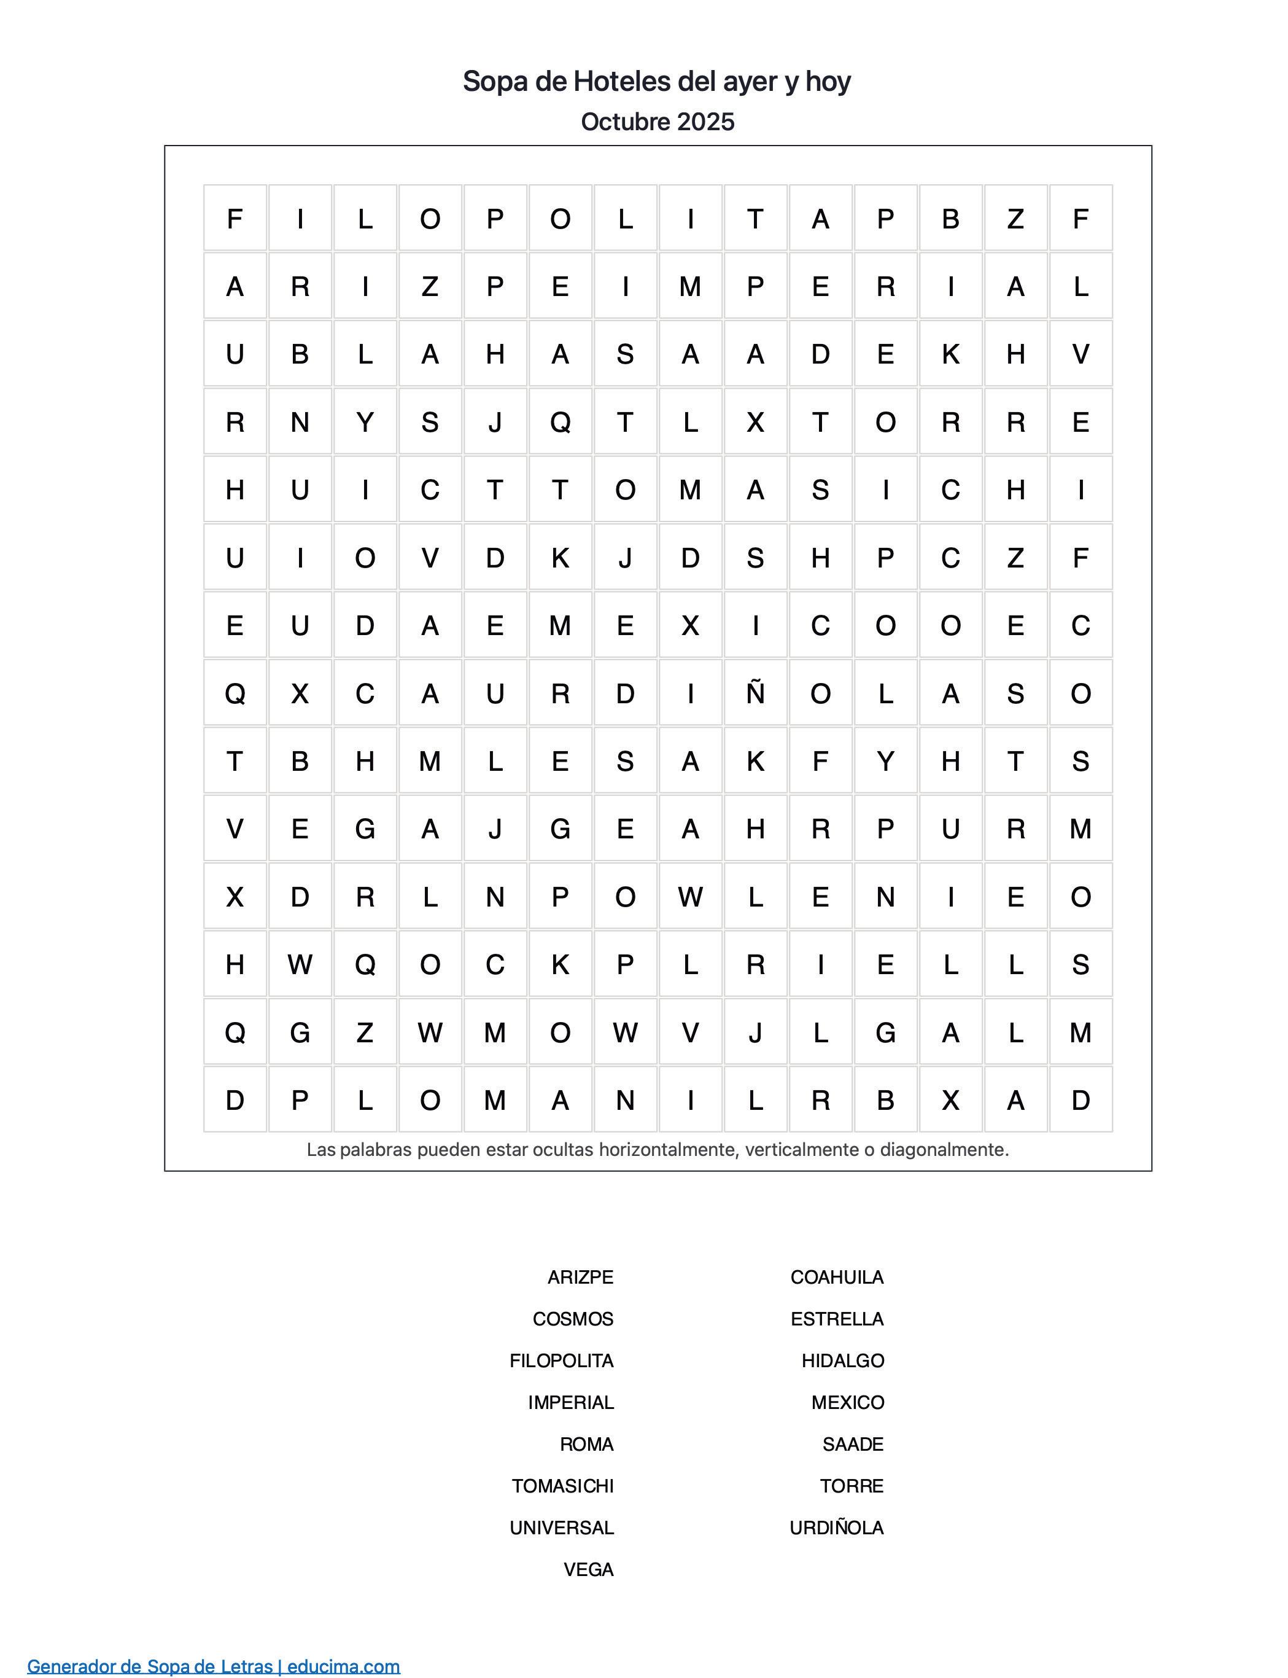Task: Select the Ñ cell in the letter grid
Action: (x=755, y=693)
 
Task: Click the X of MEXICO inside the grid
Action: (x=690, y=626)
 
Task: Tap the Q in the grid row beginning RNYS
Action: (x=561, y=422)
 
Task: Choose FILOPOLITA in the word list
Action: (x=561, y=1360)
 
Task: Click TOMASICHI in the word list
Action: (x=563, y=1486)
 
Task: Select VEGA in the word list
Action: (x=588, y=1569)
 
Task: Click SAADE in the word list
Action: (x=853, y=1444)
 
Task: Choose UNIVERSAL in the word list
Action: (x=561, y=1528)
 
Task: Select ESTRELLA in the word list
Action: (x=837, y=1319)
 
